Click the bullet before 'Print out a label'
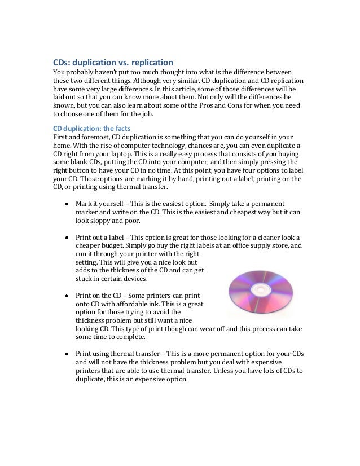67,238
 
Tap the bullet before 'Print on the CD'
67,295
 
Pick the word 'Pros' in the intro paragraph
212,105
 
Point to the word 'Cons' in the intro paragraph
244,105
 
